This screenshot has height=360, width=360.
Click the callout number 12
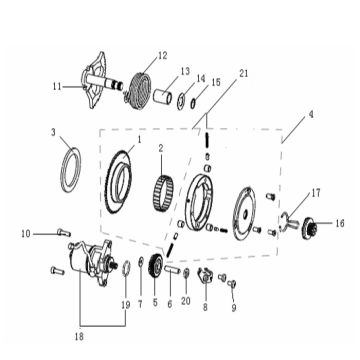coord(163,55)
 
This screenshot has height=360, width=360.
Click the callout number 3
coord(54,132)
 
